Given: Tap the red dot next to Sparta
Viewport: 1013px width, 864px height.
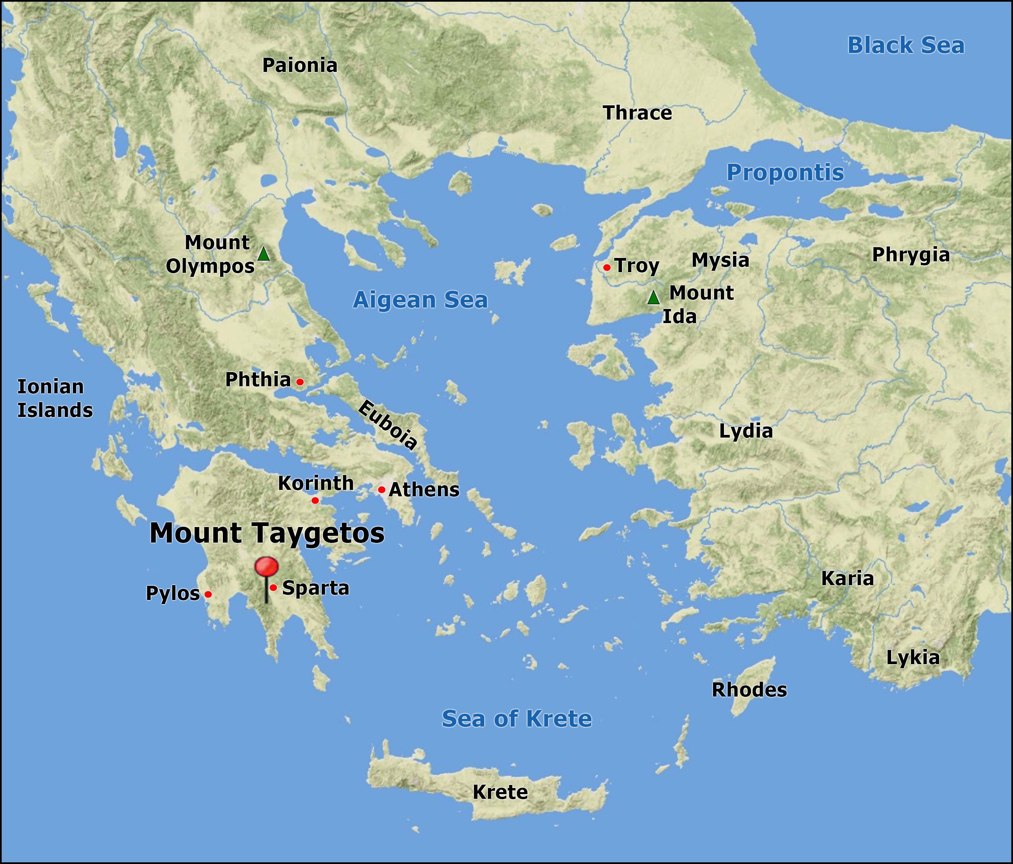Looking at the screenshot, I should pos(273,587).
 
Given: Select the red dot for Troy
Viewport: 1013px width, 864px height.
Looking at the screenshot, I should pos(607,267).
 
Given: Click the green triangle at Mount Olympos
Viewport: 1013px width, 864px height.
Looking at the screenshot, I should pos(263,254).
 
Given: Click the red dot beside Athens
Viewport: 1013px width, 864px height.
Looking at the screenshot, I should pos(381,490).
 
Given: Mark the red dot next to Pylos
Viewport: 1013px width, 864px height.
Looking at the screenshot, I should pos(208,594).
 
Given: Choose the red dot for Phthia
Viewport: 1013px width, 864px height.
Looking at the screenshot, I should pos(300,382).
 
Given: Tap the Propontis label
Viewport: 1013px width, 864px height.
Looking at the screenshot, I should pos(785,173).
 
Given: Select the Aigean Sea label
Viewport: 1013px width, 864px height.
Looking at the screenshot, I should pos(420,300).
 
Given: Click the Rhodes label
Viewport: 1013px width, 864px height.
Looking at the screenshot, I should pos(749,690).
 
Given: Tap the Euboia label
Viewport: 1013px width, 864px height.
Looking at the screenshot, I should pos(388,424).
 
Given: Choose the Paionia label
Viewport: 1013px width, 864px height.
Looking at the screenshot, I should pos(300,66).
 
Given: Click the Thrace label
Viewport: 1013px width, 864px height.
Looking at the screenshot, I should pos(638,113).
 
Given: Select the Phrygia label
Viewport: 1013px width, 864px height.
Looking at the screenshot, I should pos(911,255).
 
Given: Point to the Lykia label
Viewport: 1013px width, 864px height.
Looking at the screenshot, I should pos(913,658).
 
